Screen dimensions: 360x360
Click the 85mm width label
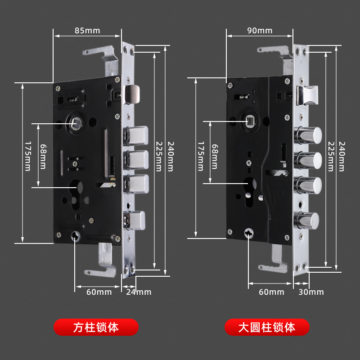(87, 31)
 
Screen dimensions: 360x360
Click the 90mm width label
(260, 31)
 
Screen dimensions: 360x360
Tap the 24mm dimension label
(138, 292)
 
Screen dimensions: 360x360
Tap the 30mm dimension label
(310, 292)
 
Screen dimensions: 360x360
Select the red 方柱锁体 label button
(96, 327)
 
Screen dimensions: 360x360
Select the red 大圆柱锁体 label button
(267, 327)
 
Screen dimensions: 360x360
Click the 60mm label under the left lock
(99, 292)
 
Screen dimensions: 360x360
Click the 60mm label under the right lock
(271, 292)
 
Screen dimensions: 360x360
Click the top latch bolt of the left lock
(134, 94)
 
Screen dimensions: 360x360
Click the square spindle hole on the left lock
(76, 122)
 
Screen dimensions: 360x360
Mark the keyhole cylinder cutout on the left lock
(76, 188)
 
